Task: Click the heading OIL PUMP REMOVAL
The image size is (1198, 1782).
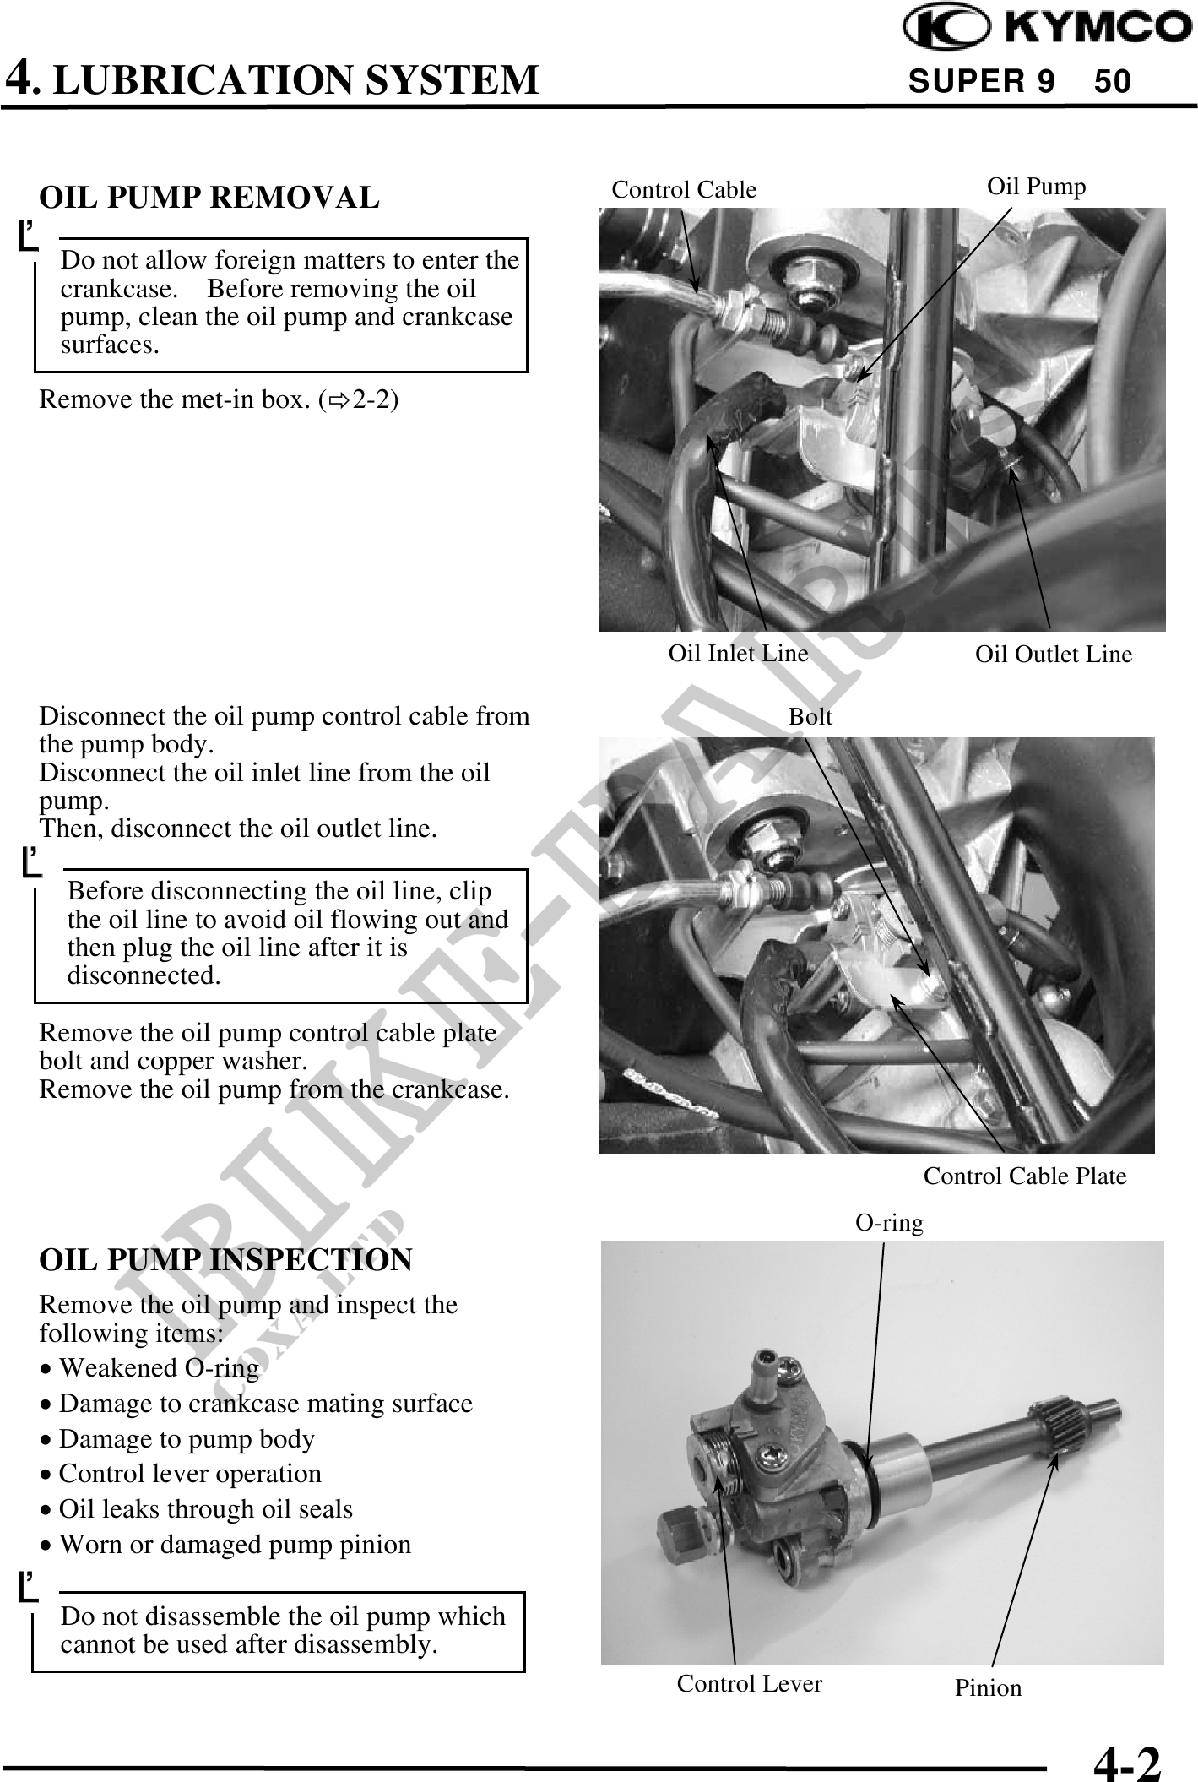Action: pyautogui.click(x=209, y=198)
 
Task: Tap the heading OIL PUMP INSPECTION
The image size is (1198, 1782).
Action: pyautogui.click(x=225, y=1259)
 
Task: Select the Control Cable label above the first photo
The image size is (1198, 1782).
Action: pyautogui.click(x=684, y=190)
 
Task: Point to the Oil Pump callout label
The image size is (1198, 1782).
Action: pyautogui.click(x=1036, y=186)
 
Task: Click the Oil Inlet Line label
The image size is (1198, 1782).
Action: pyautogui.click(x=738, y=653)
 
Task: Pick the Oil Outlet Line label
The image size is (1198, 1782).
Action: pyautogui.click(x=1053, y=654)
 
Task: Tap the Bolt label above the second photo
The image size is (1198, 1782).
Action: pyautogui.click(x=810, y=716)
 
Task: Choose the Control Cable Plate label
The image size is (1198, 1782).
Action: pyautogui.click(x=1024, y=1176)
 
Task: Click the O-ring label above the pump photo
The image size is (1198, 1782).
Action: pyautogui.click(x=889, y=1222)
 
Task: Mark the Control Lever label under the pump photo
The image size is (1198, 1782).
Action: pyautogui.click(x=749, y=1683)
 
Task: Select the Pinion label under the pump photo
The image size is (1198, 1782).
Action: pyautogui.click(x=988, y=1687)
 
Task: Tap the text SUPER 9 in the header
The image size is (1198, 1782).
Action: pyautogui.click(x=981, y=81)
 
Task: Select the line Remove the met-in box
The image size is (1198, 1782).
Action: pyautogui.click(x=219, y=399)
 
